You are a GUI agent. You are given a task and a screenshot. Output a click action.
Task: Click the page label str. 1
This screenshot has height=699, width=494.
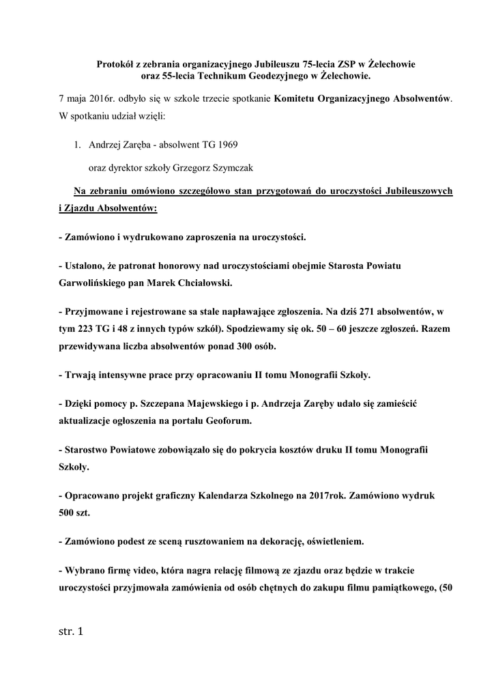point(70,631)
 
